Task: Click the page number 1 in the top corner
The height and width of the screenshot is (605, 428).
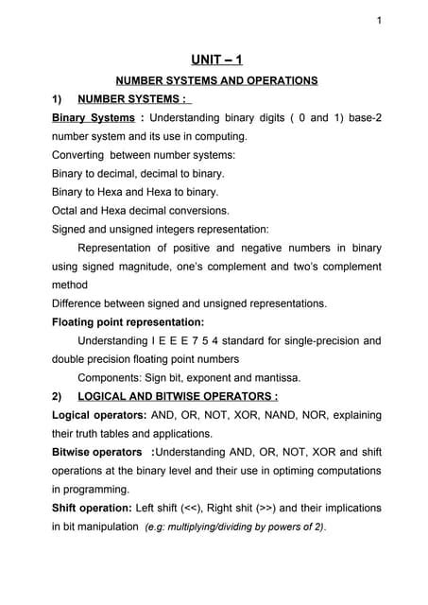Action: click(378, 22)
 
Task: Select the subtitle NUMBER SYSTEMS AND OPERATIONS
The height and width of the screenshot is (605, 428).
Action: click(215, 82)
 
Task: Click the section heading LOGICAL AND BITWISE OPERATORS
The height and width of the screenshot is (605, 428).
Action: click(177, 395)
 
